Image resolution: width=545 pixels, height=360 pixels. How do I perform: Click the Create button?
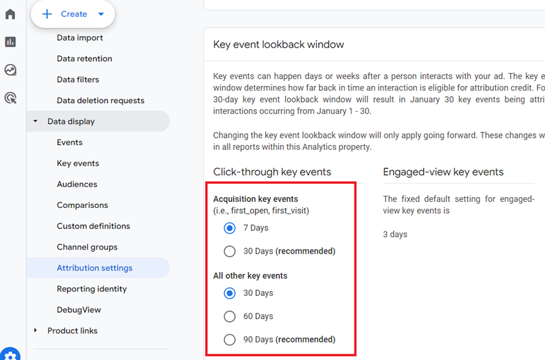click(x=72, y=14)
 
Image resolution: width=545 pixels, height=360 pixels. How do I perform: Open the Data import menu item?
click(x=80, y=38)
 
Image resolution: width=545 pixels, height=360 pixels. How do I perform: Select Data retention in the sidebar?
click(x=84, y=59)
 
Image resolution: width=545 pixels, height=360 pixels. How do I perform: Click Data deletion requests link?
click(x=100, y=101)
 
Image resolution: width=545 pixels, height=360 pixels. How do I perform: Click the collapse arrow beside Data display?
click(x=35, y=122)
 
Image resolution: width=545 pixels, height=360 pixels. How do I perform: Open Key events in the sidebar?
click(x=78, y=164)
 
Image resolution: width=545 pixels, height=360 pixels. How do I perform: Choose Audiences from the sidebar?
click(x=77, y=184)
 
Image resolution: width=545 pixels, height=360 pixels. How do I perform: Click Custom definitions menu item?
click(x=93, y=226)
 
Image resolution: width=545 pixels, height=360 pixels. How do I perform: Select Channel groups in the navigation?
click(x=87, y=247)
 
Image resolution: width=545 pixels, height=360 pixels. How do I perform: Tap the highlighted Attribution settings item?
click(x=95, y=268)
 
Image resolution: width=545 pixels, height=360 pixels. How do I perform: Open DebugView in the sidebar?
click(x=79, y=310)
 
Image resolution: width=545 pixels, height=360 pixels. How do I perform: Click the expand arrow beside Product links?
click(x=35, y=331)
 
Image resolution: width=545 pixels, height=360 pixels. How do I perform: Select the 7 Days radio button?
click(x=230, y=228)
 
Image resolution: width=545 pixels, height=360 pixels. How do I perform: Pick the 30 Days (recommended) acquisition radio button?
click(x=230, y=251)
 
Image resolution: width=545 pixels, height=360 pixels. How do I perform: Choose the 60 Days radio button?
click(x=230, y=316)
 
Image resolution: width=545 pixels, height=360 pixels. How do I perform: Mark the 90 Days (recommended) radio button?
click(x=230, y=340)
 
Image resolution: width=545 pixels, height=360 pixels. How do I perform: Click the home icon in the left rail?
click(x=10, y=14)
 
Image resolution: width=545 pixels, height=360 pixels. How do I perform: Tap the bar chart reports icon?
click(x=10, y=42)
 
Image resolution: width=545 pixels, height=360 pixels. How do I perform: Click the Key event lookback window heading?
click(x=279, y=44)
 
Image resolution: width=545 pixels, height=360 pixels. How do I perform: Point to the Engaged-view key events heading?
click(x=443, y=172)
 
